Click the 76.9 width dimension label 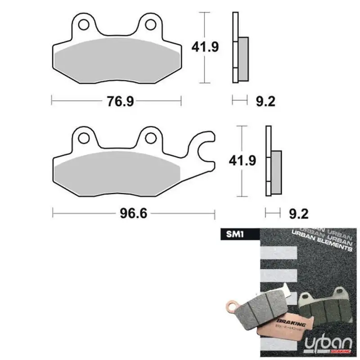121,101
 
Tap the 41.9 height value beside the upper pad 205,46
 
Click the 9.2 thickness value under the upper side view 265,101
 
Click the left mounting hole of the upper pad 84,23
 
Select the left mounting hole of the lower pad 84,137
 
